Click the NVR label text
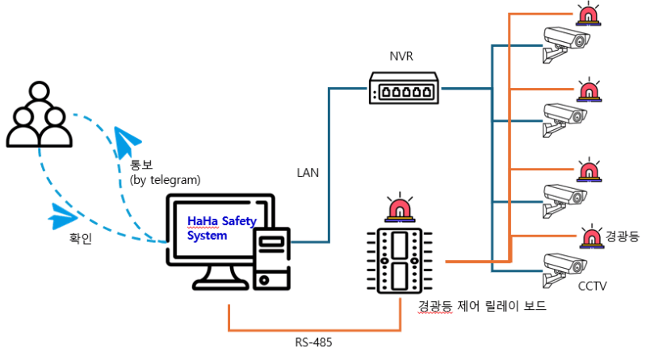(402, 57)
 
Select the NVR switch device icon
(404, 87)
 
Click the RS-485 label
(314, 342)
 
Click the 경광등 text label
(621, 237)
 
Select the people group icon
(37, 118)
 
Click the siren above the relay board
(397, 207)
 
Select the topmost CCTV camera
(565, 43)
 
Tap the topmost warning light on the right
(587, 14)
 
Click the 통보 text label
(141, 165)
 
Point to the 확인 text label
(83, 239)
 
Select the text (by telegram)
(165, 179)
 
